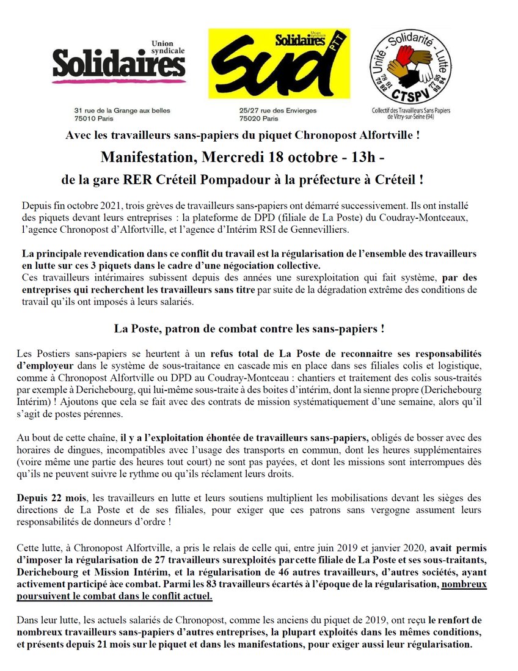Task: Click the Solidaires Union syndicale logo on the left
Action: (x=119, y=62)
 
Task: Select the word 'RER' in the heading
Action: (x=175, y=181)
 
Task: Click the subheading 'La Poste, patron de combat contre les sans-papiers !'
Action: (x=249, y=328)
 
